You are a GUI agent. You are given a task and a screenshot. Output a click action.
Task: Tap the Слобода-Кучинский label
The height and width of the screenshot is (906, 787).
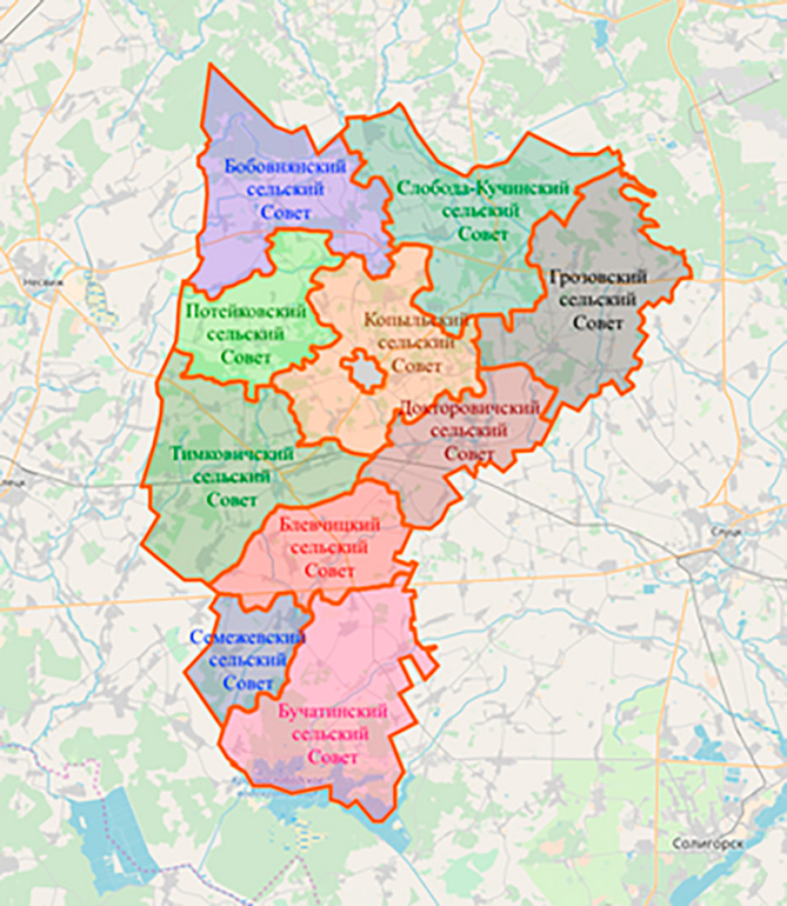click(483, 188)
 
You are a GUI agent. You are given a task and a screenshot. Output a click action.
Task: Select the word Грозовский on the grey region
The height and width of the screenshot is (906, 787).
click(599, 277)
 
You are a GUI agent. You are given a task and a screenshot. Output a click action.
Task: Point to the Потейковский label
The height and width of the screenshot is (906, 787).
click(247, 311)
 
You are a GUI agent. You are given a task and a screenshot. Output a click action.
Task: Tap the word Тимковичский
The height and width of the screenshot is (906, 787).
click(231, 455)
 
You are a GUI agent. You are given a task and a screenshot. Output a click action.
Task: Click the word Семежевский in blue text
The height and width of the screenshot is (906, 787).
click(247, 638)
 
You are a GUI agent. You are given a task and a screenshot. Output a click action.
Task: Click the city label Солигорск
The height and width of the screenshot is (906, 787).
click(708, 843)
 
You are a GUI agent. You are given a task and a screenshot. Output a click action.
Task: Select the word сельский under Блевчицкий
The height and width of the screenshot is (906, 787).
click(330, 548)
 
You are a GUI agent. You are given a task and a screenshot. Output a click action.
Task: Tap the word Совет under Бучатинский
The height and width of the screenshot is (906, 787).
click(332, 756)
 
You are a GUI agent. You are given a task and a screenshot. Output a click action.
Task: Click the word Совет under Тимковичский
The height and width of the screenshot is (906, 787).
click(231, 501)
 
